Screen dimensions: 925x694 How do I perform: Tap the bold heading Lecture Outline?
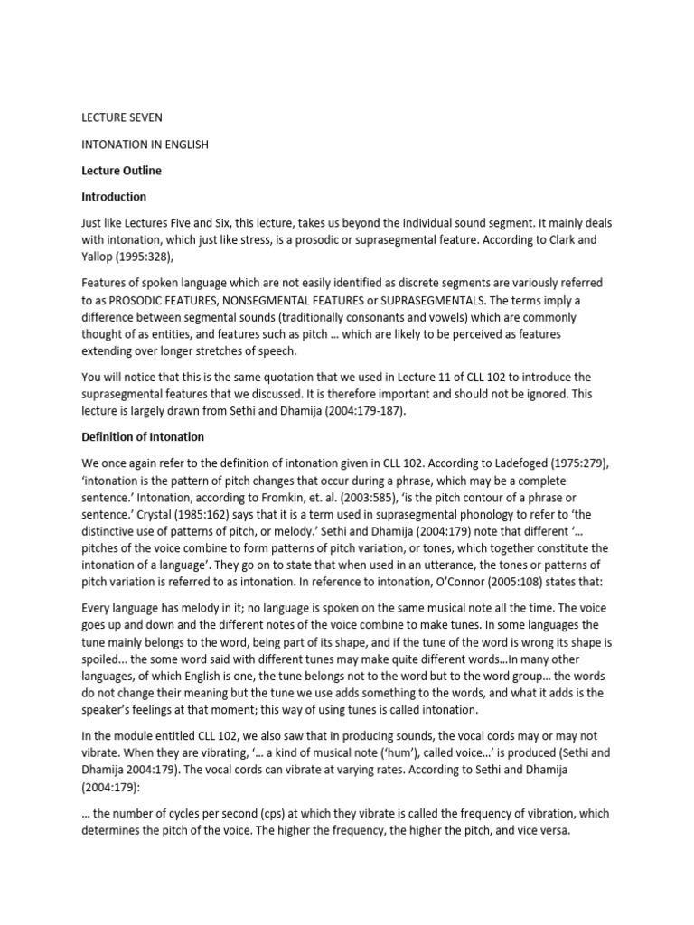[122, 170]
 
